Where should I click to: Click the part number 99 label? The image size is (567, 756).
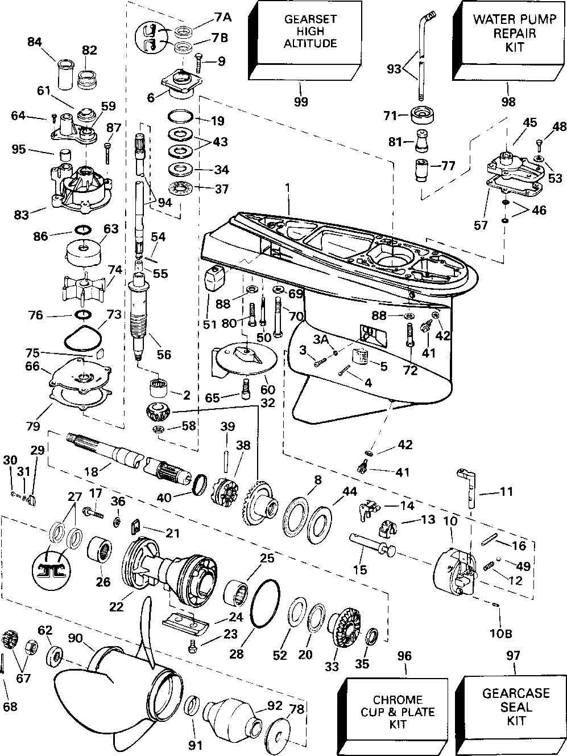(x=301, y=101)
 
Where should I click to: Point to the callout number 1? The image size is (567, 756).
(x=287, y=188)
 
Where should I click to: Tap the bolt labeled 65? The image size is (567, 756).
(x=245, y=388)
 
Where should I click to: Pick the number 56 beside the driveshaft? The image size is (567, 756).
(x=164, y=355)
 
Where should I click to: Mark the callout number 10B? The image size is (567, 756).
(x=500, y=634)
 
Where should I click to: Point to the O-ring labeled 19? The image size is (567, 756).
(x=180, y=116)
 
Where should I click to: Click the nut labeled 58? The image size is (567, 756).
(x=158, y=429)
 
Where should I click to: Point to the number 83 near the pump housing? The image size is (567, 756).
(x=22, y=215)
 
